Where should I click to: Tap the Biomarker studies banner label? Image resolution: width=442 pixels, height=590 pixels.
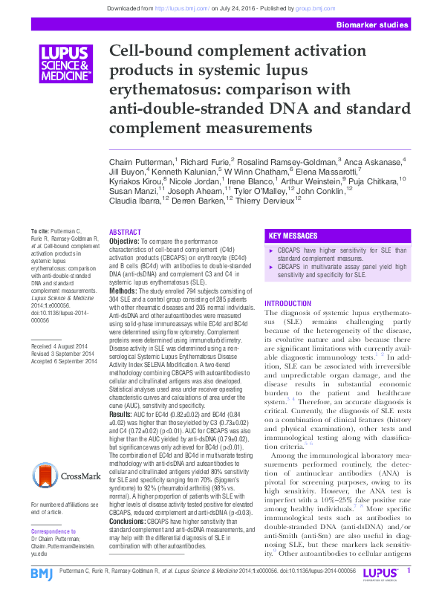point(372,25)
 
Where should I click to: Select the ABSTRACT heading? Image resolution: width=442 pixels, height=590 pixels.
point(125,233)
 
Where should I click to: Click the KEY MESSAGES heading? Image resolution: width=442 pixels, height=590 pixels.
point(294,234)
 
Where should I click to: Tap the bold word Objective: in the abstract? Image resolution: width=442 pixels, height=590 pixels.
point(124,242)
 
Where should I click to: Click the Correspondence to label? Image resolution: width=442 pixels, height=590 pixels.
point(53,532)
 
